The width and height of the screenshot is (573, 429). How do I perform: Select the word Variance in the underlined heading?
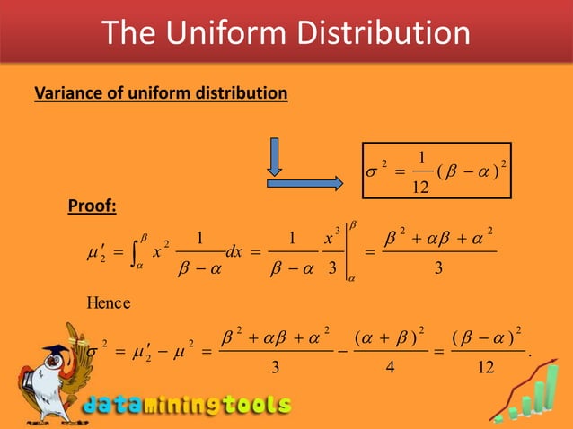[66, 92]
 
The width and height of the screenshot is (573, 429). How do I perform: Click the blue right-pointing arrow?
[305, 183]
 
